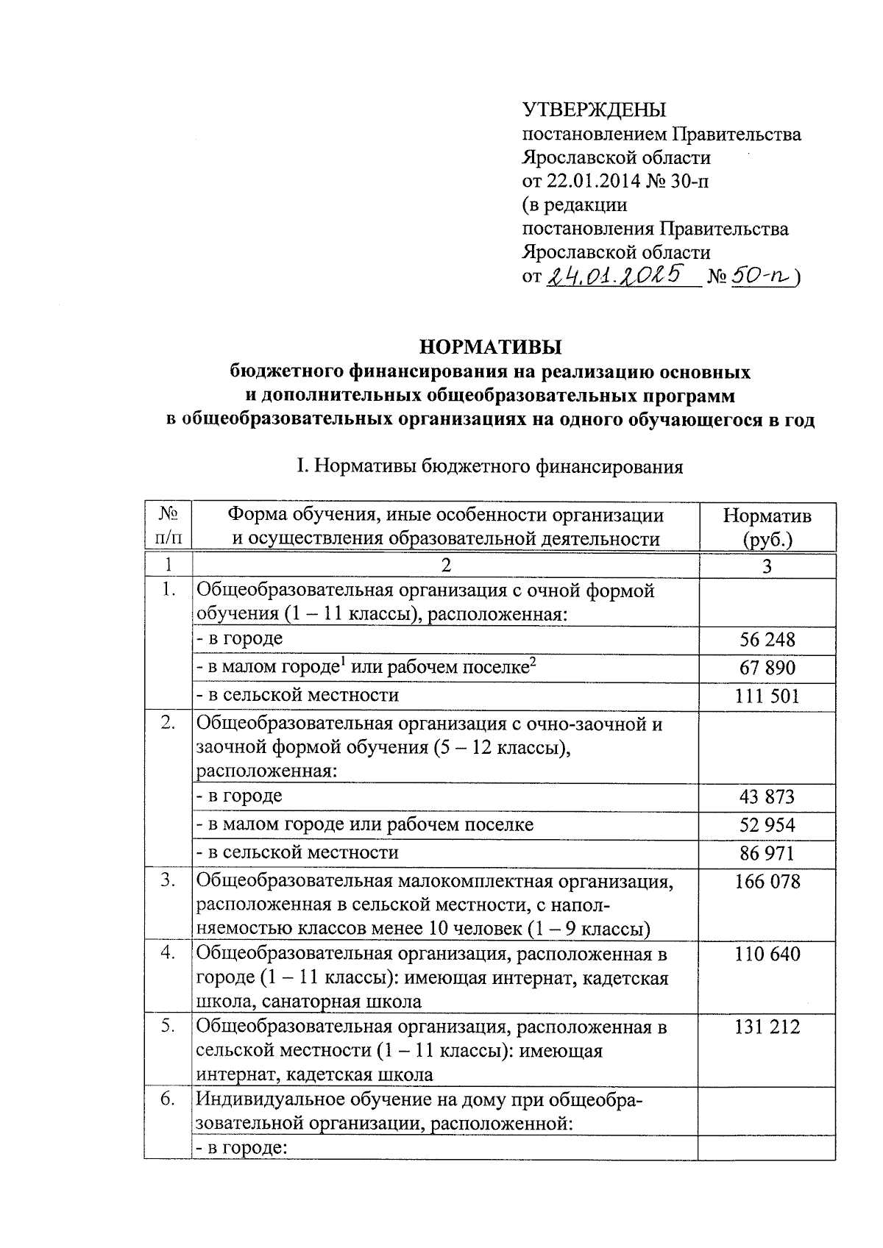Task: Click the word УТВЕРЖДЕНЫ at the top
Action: point(594,110)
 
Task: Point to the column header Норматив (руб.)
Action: point(767,527)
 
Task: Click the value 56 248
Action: point(767,639)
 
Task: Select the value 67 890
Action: point(767,668)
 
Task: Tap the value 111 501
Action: point(767,696)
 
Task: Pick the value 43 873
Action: point(767,796)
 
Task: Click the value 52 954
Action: point(767,824)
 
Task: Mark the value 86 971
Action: point(767,853)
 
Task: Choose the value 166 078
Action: point(767,881)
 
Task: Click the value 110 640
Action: point(767,954)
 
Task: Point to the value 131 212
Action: point(767,1027)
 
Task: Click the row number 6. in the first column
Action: point(168,1099)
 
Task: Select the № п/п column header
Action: point(168,527)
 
